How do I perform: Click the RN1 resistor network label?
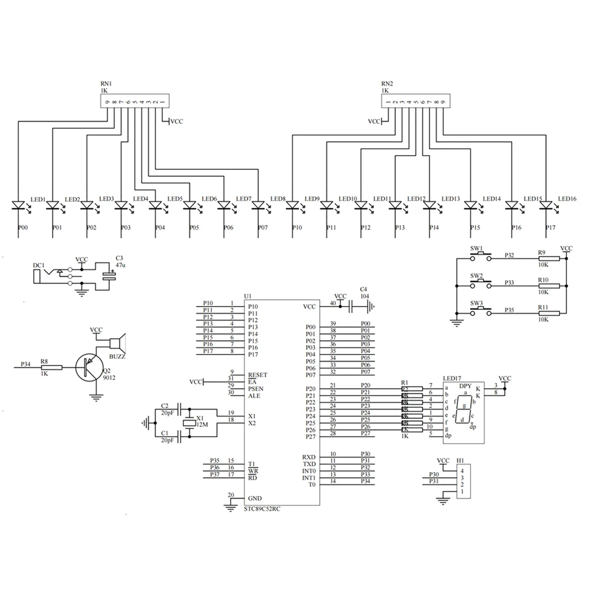pos(106,84)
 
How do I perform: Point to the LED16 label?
pos(568,199)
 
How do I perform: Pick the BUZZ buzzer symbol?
pos(117,342)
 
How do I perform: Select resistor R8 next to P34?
pos(51,368)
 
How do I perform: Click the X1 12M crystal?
pos(189,422)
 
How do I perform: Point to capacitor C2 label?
pos(165,405)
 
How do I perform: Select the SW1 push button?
pos(481,254)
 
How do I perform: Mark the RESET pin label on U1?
pos(258,375)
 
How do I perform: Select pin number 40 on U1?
pos(333,303)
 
